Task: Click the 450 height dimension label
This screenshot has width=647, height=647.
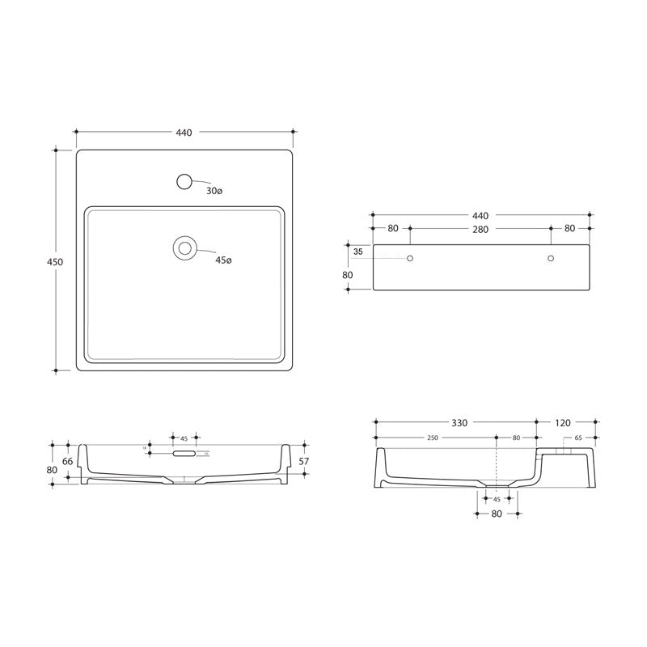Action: (x=56, y=262)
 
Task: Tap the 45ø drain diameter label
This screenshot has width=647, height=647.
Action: (x=223, y=260)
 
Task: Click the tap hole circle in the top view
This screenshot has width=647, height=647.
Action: (x=185, y=182)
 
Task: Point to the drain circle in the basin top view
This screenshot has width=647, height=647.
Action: (x=185, y=247)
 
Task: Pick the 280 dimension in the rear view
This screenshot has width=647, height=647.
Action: (x=480, y=229)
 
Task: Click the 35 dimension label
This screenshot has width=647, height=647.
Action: (x=358, y=252)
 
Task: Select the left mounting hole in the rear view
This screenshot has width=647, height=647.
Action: (x=410, y=258)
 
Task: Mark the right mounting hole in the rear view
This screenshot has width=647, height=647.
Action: (x=551, y=258)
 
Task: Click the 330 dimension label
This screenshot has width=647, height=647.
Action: (x=459, y=423)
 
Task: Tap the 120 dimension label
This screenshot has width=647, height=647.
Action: (x=564, y=423)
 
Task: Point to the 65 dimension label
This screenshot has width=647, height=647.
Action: (x=577, y=438)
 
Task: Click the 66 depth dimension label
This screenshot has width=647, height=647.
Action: (x=67, y=461)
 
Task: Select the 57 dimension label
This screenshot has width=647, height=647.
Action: (x=304, y=461)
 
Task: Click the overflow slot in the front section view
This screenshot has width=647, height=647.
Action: (x=185, y=455)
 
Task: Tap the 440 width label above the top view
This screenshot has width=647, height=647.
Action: (x=184, y=133)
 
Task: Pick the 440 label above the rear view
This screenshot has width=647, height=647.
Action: (x=480, y=216)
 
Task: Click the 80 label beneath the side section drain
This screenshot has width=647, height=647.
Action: (x=497, y=514)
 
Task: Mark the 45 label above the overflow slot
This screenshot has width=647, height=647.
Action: (x=184, y=438)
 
